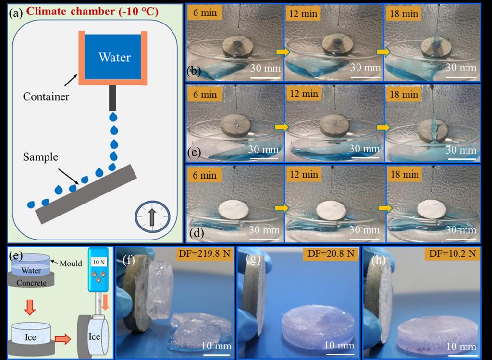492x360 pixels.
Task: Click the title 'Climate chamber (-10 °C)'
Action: tap(92, 12)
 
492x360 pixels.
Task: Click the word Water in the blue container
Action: tap(114, 58)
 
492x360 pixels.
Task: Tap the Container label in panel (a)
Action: tap(46, 96)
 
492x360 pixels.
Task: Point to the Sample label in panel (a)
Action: tap(40, 156)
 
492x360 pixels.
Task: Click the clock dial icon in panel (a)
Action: tap(152, 216)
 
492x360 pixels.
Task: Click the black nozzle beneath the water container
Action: tap(112, 98)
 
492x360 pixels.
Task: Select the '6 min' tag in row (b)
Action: tap(205, 12)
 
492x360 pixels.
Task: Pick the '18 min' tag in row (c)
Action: tap(404, 94)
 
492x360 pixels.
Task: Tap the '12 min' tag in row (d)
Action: tap(304, 174)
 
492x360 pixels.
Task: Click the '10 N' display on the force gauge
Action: tap(99, 262)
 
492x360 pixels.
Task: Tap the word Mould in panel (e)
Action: tap(71, 264)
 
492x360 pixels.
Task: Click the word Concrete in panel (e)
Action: tap(31, 283)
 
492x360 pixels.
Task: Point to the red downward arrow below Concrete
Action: tap(30, 307)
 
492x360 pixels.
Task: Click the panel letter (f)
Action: tap(129, 260)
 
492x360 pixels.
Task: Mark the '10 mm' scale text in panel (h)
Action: tap(461, 346)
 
